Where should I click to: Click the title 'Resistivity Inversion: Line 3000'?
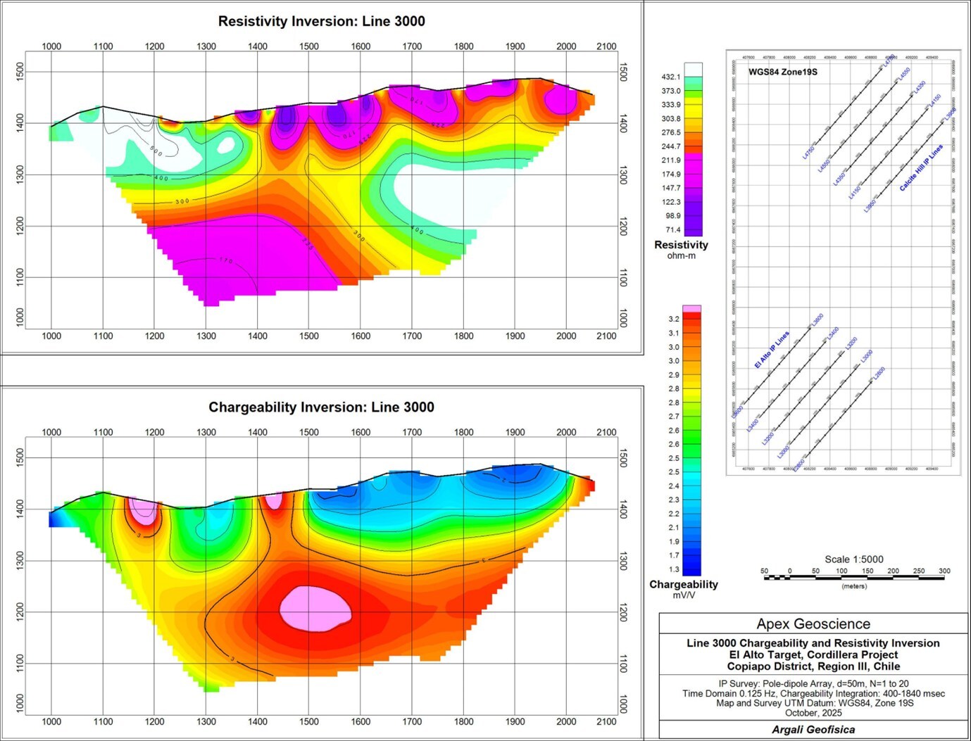point(321,21)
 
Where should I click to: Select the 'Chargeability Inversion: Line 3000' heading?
point(321,407)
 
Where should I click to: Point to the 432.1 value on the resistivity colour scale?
point(671,77)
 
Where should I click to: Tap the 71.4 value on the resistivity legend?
point(673,230)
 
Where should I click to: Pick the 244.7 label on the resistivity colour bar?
point(671,146)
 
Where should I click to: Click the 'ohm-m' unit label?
point(681,256)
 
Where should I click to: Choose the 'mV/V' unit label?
point(683,595)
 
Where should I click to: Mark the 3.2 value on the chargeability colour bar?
point(674,319)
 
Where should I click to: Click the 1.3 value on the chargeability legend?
point(674,569)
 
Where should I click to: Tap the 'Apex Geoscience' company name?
point(813,624)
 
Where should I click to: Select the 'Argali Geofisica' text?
point(813,730)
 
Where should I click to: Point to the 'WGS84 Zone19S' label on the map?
point(782,72)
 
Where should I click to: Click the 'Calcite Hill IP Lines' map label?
point(921,168)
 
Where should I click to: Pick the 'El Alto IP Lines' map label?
point(772,350)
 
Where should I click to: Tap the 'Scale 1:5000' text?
point(854,559)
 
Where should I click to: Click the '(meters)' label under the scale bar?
point(854,586)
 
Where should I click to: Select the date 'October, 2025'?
point(813,713)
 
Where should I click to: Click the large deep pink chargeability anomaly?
point(315,608)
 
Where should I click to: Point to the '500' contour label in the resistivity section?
point(156,151)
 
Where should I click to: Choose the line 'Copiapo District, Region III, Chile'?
point(813,666)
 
